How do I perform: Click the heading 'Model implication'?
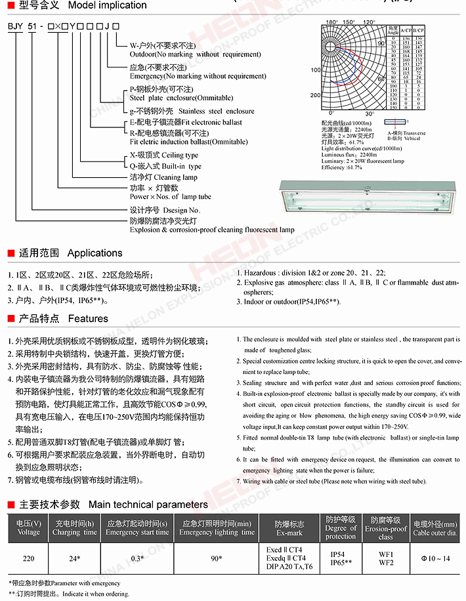107,5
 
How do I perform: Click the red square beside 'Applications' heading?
11,253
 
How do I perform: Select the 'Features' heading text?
87,319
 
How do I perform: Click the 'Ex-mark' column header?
289,528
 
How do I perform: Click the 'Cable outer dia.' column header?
434,528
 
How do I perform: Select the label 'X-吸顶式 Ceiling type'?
163,155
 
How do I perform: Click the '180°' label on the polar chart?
331,21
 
